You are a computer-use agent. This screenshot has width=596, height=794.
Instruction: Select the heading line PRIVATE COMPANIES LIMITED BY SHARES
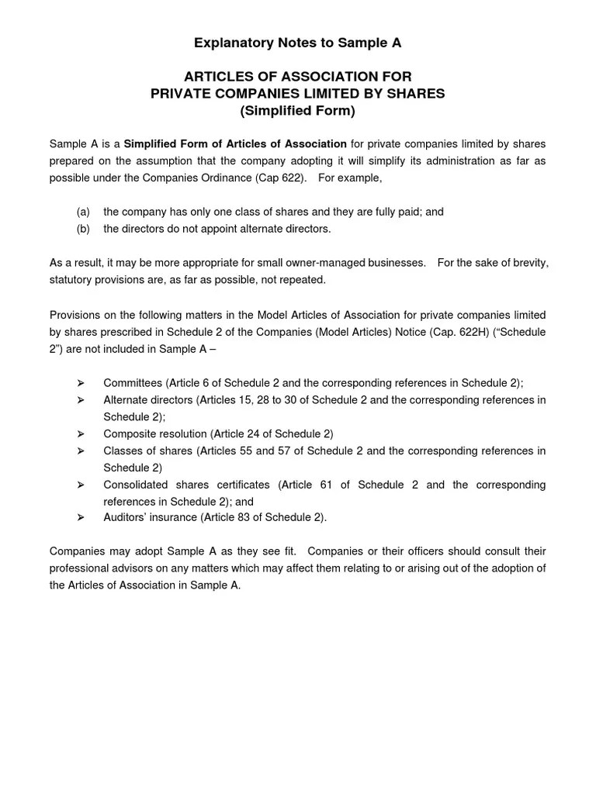coord(297,94)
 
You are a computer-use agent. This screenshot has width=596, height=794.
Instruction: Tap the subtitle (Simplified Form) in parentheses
coord(297,111)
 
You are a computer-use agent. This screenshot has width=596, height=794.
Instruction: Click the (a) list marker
coord(84,212)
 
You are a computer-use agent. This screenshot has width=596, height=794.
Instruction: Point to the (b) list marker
coord(84,229)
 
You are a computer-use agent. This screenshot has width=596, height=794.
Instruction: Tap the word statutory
coord(71,280)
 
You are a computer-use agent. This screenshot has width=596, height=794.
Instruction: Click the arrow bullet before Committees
coord(80,383)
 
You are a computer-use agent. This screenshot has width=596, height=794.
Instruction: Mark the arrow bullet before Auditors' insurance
coord(80,518)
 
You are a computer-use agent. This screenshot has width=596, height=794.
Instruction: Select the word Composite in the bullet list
coord(129,433)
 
